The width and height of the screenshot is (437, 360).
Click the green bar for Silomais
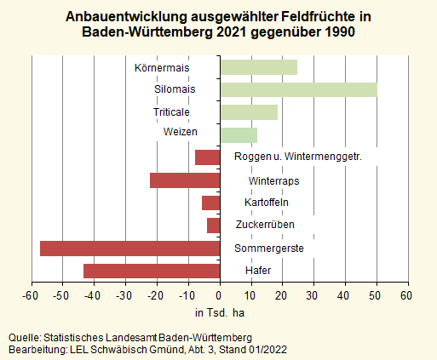pyautogui.click(x=298, y=89)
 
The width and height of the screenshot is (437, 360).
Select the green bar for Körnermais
pyautogui.click(x=259, y=67)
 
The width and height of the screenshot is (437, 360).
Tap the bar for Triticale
pyautogui.click(x=249, y=112)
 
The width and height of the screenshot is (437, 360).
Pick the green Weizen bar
pyautogui.click(x=239, y=134)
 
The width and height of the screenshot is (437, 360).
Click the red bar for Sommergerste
pyautogui.click(x=129, y=249)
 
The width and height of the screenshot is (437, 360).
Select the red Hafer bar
pyautogui.click(x=152, y=271)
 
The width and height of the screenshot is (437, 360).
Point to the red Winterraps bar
pyautogui.click(x=185, y=180)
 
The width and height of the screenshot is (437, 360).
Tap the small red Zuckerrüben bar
pyautogui.click(x=214, y=226)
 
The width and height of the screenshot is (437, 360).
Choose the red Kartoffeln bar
pyautogui.click(x=211, y=203)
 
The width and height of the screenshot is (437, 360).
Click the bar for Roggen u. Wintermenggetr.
pyautogui.click(x=208, y=157)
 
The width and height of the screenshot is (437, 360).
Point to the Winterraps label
pyautogui.click(x=273, y=180)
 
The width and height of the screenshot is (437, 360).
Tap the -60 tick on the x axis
pyautogui.click(x=32, y=294)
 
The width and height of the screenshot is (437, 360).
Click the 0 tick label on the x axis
pyautogui.click(x=221, y=294)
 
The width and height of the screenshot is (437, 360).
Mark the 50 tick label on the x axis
pyautogui.click(x=375, y=294)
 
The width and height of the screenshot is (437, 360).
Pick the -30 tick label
pyautogui.click(x=124, y=294)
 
